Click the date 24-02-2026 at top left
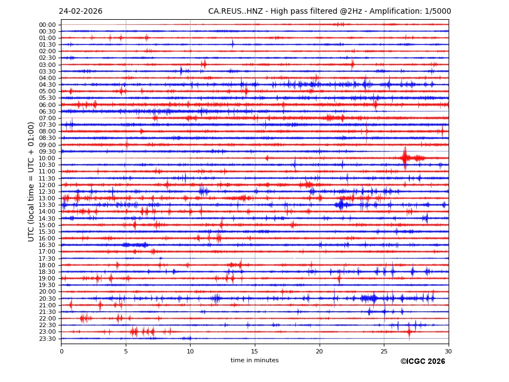(80, 12)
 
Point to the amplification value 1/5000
(438, 12)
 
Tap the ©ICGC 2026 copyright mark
(422, 361)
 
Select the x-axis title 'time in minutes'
(254, 360)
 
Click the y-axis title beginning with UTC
(31, 182)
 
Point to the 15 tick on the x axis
(255, 351)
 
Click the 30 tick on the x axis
(448, 351)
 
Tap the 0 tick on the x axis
(61, 351)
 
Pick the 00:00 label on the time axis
(47, 25)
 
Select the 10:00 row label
(47, 158)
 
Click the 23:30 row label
(47, 339)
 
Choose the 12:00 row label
(47, 185)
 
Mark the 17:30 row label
(47, 259)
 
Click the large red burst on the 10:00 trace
(405, 158)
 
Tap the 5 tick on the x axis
(126, 351)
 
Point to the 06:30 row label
(47, 111)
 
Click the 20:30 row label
(47, 299)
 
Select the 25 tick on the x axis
(384, 351)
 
